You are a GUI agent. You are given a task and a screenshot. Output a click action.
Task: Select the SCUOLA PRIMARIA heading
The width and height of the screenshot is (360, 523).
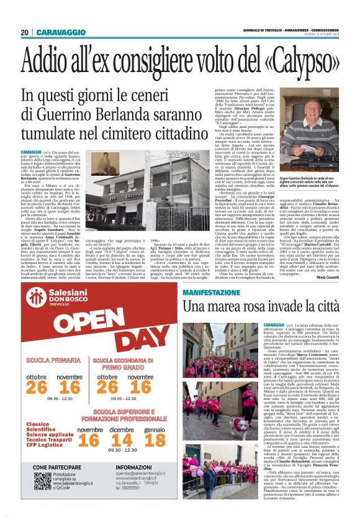pyautogui.click(x=53, y=360)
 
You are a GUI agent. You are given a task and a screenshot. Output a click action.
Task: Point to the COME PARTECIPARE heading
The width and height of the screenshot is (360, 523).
pyautogui.click(x=56, y=483)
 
